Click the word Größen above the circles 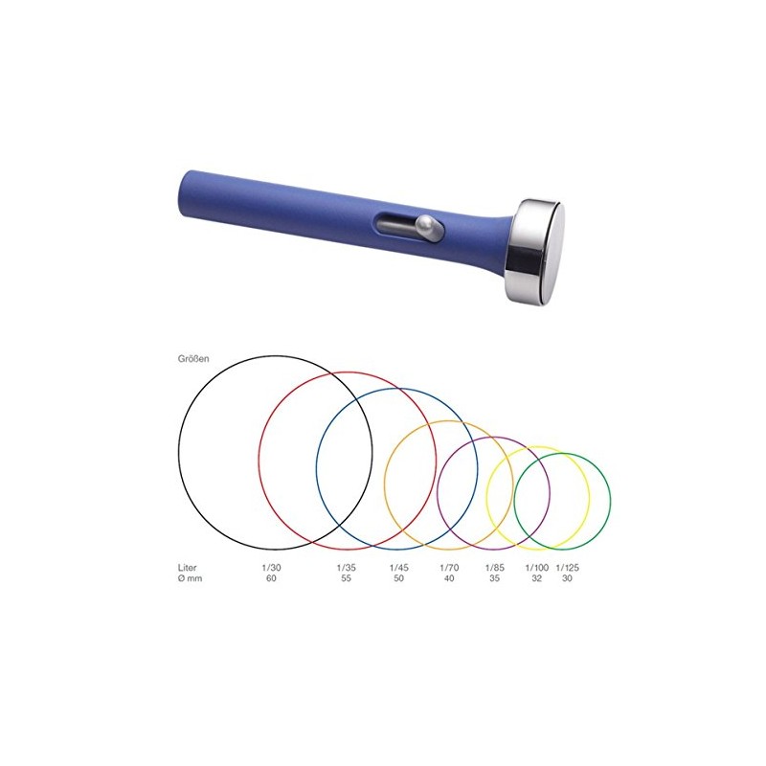193,358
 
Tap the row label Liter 187,568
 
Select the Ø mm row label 190,578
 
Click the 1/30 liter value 272,568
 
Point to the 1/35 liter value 347,568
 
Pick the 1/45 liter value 398,568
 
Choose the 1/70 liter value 449,568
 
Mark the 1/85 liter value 494,568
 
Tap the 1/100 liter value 537,568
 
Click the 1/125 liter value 567,568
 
